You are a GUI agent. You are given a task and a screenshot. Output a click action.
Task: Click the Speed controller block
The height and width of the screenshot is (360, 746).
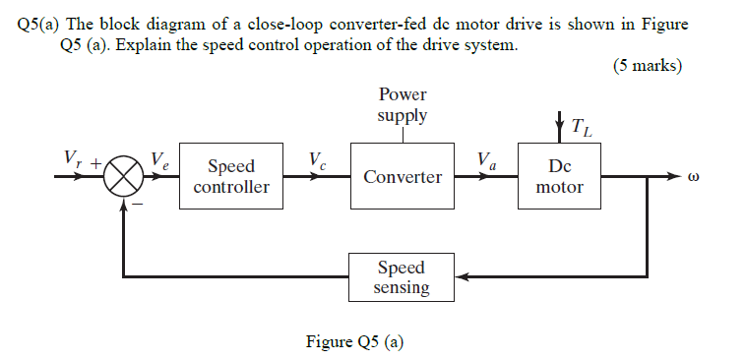coord(231,177)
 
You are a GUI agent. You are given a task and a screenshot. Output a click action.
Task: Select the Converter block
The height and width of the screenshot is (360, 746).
coord(403,177)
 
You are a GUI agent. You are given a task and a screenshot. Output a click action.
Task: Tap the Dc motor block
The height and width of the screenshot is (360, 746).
coord(559,177)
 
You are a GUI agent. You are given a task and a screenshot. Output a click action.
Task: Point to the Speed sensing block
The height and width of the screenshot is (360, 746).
coord(403,277)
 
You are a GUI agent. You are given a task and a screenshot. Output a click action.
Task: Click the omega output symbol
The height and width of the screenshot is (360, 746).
coord(694,179)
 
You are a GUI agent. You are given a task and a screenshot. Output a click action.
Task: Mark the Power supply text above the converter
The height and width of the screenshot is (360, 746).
coord(403,105)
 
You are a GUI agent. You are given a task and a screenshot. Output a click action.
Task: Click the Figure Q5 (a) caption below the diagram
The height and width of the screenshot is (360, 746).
coord(355,342)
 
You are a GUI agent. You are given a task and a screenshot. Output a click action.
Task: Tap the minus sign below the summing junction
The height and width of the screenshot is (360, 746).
coord(139,204)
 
